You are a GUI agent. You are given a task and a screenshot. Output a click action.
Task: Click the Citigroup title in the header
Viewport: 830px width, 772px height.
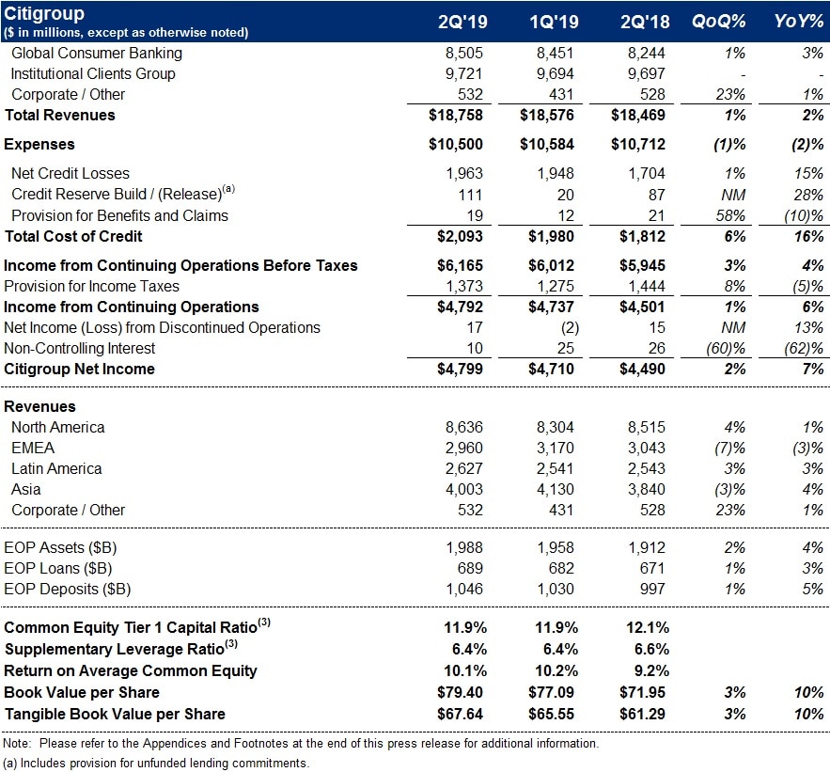click(x=44, y=14)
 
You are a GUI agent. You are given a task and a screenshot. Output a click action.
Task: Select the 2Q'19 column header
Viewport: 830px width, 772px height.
click(x=462, y=23)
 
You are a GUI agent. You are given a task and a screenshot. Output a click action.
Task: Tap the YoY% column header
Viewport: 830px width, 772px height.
click(x=800, y=23)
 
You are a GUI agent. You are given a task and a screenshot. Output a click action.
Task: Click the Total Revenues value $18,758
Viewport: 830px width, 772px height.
click(x=456, y=115)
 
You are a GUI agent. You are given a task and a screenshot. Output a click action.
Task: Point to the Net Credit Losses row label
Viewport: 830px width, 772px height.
click(x=70, y=174)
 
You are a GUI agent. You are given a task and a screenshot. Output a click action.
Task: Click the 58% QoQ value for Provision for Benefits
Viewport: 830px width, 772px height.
click(x=731, y=215)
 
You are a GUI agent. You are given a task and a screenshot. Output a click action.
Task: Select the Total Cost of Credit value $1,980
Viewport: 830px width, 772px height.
click(x=548, y=236)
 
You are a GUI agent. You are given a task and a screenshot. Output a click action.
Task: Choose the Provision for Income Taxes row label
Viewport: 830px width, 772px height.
click(x=91, y=286)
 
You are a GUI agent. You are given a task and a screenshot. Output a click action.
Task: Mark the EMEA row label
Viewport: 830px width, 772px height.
click(x=32, y=448)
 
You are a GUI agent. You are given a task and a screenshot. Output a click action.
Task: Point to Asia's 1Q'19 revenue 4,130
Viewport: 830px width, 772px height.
click(x=555, y=489)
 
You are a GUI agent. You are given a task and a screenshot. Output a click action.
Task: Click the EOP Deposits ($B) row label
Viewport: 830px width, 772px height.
click(x=68, y=590)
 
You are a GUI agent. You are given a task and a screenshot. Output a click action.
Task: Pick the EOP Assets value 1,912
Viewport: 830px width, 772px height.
click(x=646, y=548)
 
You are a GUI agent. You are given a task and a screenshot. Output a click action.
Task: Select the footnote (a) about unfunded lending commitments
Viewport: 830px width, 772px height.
click(x=156, y=763)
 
